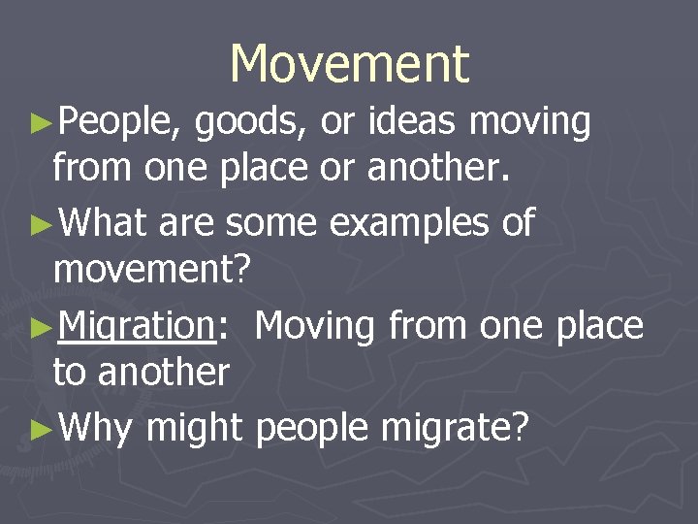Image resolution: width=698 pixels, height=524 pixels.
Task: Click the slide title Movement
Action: tap(349, 64)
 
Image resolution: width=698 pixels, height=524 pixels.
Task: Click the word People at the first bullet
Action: tap(116, 123)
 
